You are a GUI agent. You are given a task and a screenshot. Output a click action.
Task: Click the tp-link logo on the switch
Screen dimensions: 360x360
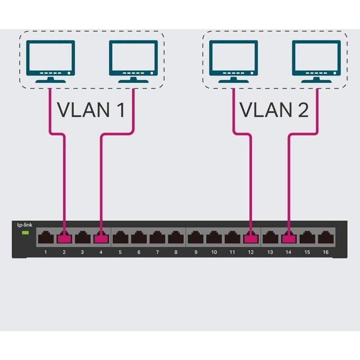coord(24,225)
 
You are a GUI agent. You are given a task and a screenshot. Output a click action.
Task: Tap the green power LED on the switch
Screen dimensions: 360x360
coord(25,233)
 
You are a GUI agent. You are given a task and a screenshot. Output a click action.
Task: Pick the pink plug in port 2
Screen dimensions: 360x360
coord(64,238)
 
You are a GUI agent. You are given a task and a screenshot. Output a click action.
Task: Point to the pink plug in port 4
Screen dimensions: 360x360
coord(101,238)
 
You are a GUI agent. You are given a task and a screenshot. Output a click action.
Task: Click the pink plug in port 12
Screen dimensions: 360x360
coord(250,238)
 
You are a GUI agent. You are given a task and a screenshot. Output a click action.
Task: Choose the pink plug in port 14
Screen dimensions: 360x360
coord(288,238)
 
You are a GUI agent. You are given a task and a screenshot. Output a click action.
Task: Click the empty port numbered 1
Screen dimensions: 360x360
coord(45,237)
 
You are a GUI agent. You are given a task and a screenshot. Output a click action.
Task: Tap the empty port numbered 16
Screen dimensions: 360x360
coord(325,237)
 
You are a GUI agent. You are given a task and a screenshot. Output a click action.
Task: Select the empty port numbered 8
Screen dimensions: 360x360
coord(175,237)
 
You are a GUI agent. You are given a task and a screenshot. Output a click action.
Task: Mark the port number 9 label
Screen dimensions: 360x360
coord(196,252)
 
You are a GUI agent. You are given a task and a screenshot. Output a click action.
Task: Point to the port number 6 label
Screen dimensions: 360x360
coord(139,252)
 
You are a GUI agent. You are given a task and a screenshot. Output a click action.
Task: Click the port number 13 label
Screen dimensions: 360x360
coord(270,252)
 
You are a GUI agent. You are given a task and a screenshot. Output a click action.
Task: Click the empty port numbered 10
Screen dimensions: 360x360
coord(214,237)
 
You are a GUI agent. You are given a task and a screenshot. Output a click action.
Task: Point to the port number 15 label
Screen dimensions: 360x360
coord(307,252)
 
